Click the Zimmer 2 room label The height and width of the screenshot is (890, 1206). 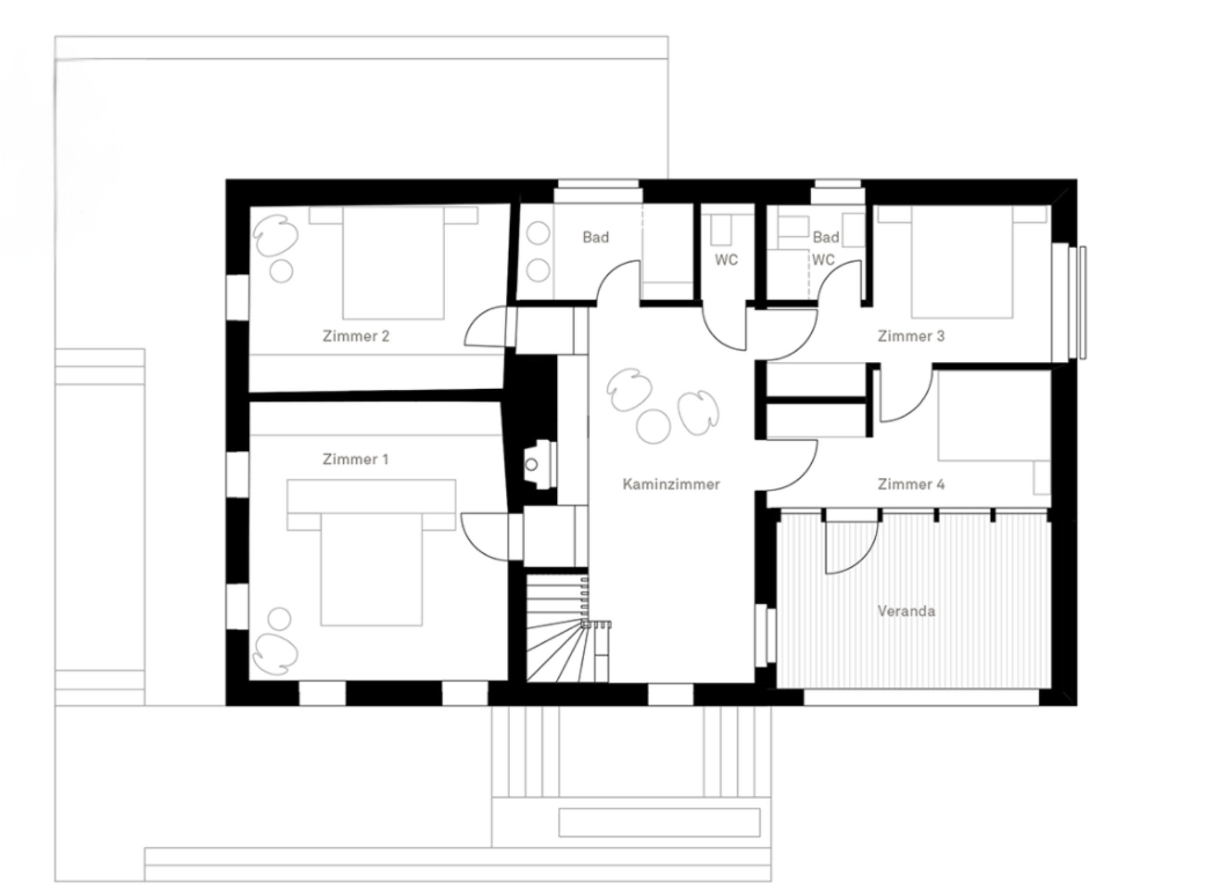pos(356,336)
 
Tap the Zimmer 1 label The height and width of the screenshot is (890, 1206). pos(355,459)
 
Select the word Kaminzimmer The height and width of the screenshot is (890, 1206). pos(671,484)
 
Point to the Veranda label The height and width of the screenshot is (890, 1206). pos(906,611)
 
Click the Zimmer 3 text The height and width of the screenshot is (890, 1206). pos(911,336)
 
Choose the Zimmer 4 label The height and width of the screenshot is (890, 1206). pos(911,484)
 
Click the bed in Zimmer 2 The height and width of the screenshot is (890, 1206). pos(393,263)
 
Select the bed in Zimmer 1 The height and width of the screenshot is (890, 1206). pos(371,553)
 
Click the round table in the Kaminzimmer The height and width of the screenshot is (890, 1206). pos(653,426)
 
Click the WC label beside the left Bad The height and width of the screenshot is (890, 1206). pos(726,260)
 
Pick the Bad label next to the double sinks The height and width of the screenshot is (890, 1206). pos(596,237)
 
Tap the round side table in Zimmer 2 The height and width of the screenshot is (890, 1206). pos(281,271)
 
